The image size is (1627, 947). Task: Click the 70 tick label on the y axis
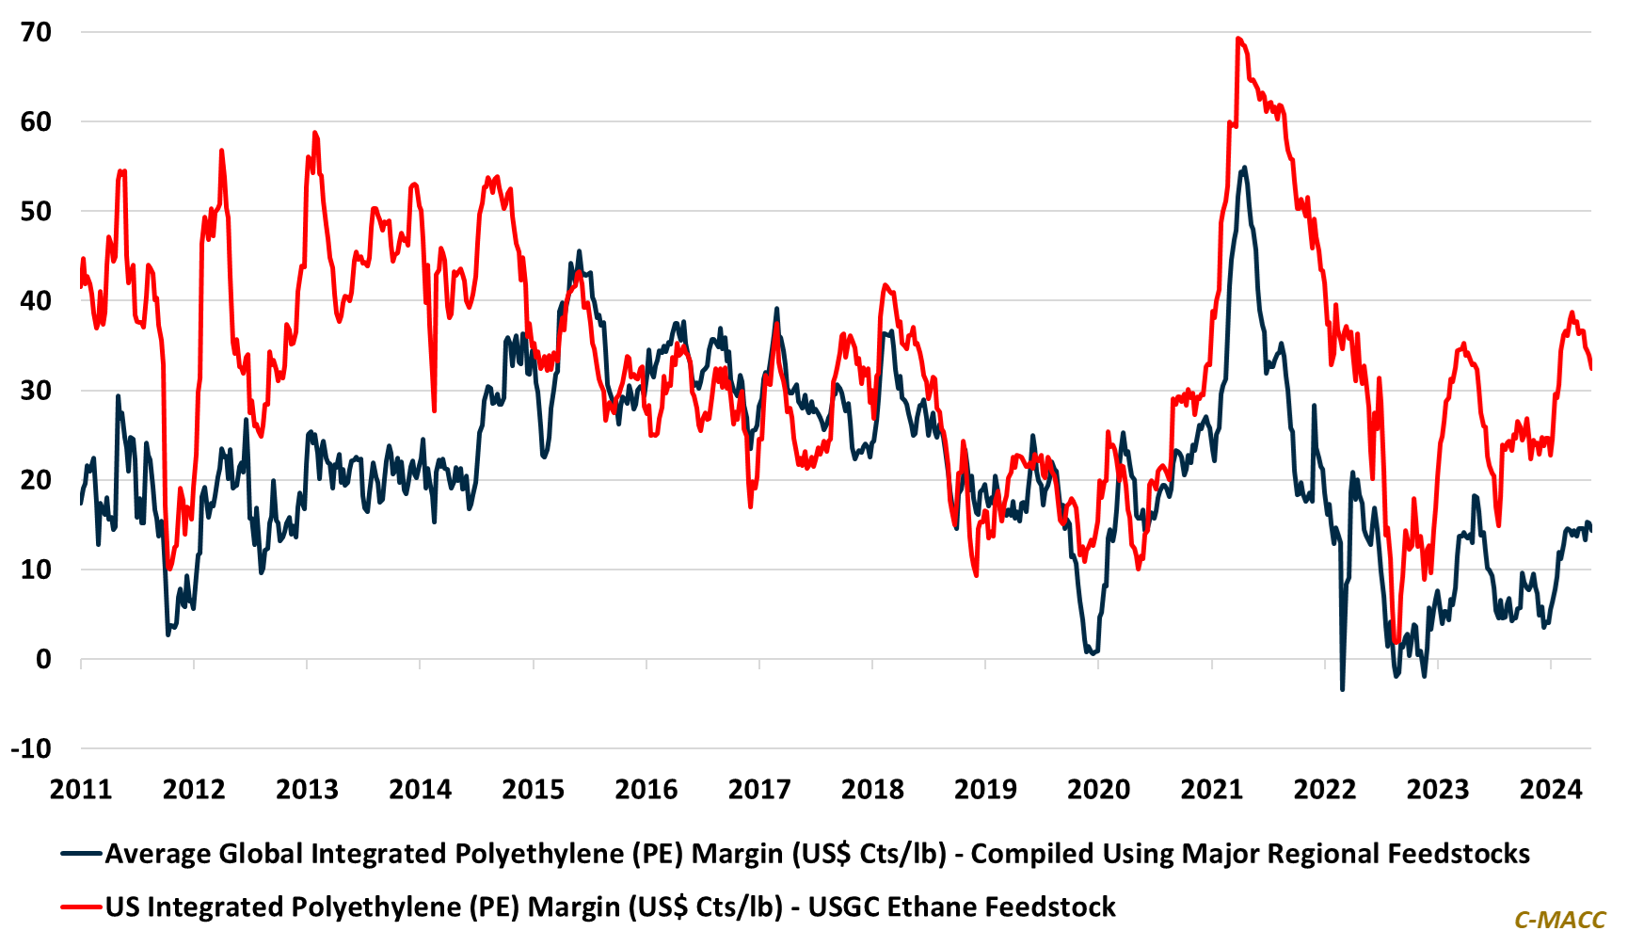point(36,32)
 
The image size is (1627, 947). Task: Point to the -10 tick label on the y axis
point(31,749)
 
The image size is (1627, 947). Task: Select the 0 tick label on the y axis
point(43,660)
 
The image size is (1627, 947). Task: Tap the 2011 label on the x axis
point(81,790)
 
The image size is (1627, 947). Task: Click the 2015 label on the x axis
point(534,790)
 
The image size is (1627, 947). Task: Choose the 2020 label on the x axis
point(1098,790)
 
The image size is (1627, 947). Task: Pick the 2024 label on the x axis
point(1551,790)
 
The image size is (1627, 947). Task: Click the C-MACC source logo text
point(1559,920)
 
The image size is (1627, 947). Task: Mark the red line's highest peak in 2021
point(1238,39)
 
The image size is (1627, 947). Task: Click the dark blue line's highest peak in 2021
point(1245,168)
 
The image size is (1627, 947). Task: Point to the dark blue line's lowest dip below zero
point(1342,689)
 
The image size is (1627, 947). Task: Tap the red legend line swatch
point(81,907)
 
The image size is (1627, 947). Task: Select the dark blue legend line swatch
point(81,854)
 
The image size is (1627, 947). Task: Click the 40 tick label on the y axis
point(36,301)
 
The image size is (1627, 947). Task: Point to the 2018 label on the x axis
point(872,790)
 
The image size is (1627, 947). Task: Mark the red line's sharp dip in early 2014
point(434,409)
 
